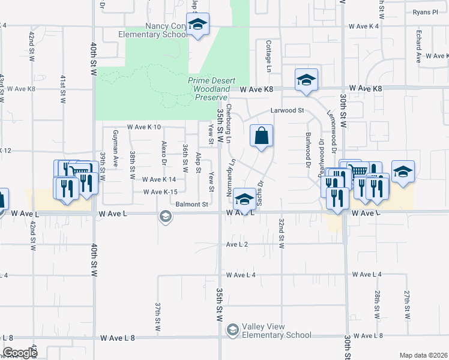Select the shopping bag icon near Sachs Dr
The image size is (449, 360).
[x=262, y=136]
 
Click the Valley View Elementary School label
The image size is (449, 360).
[x=276, y=331]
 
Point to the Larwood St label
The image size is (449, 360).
[x=288, y=110]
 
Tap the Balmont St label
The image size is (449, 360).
[x=192, y=204]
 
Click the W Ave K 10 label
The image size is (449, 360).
[x=144, y=127]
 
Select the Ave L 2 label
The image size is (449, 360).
[x=237, y=244]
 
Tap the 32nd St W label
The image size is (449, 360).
[x=280, y=234]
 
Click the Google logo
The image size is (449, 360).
[x=20, y=353]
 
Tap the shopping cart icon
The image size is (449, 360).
[x=359, y=170]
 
